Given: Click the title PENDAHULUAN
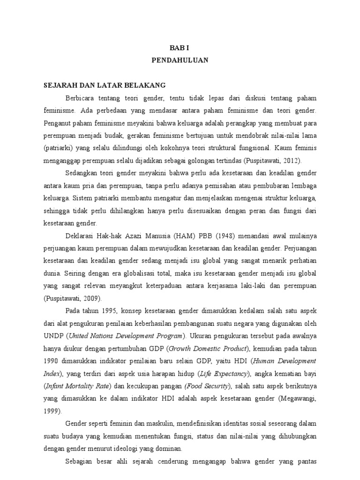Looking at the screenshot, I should click(x=180, y=60).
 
